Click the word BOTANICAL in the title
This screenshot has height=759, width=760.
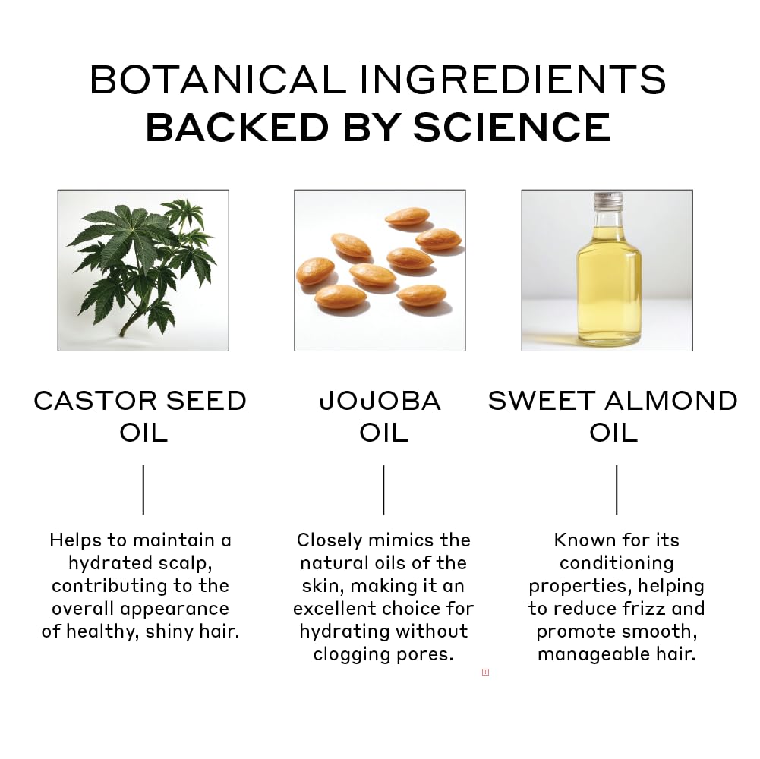click(x=218, y=80)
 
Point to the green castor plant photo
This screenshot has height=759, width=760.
click(x=143, y=270)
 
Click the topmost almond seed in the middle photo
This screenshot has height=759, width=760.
click(x=407, y=216)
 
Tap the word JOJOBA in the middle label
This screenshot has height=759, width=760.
click(x=380, y=402)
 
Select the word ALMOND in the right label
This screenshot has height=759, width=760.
click(x=671, y=402)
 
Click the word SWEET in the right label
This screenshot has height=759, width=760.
click(x=541, y=402)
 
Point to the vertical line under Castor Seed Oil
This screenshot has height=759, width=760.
click(x=143, y=490)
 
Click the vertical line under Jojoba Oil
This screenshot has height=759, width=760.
click(x=383, y=490)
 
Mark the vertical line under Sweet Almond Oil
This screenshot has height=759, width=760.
click(x=617, y=490)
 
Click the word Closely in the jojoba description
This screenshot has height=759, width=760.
click(x=330, y=541)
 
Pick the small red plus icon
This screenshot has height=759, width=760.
click(x=485, y=672)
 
